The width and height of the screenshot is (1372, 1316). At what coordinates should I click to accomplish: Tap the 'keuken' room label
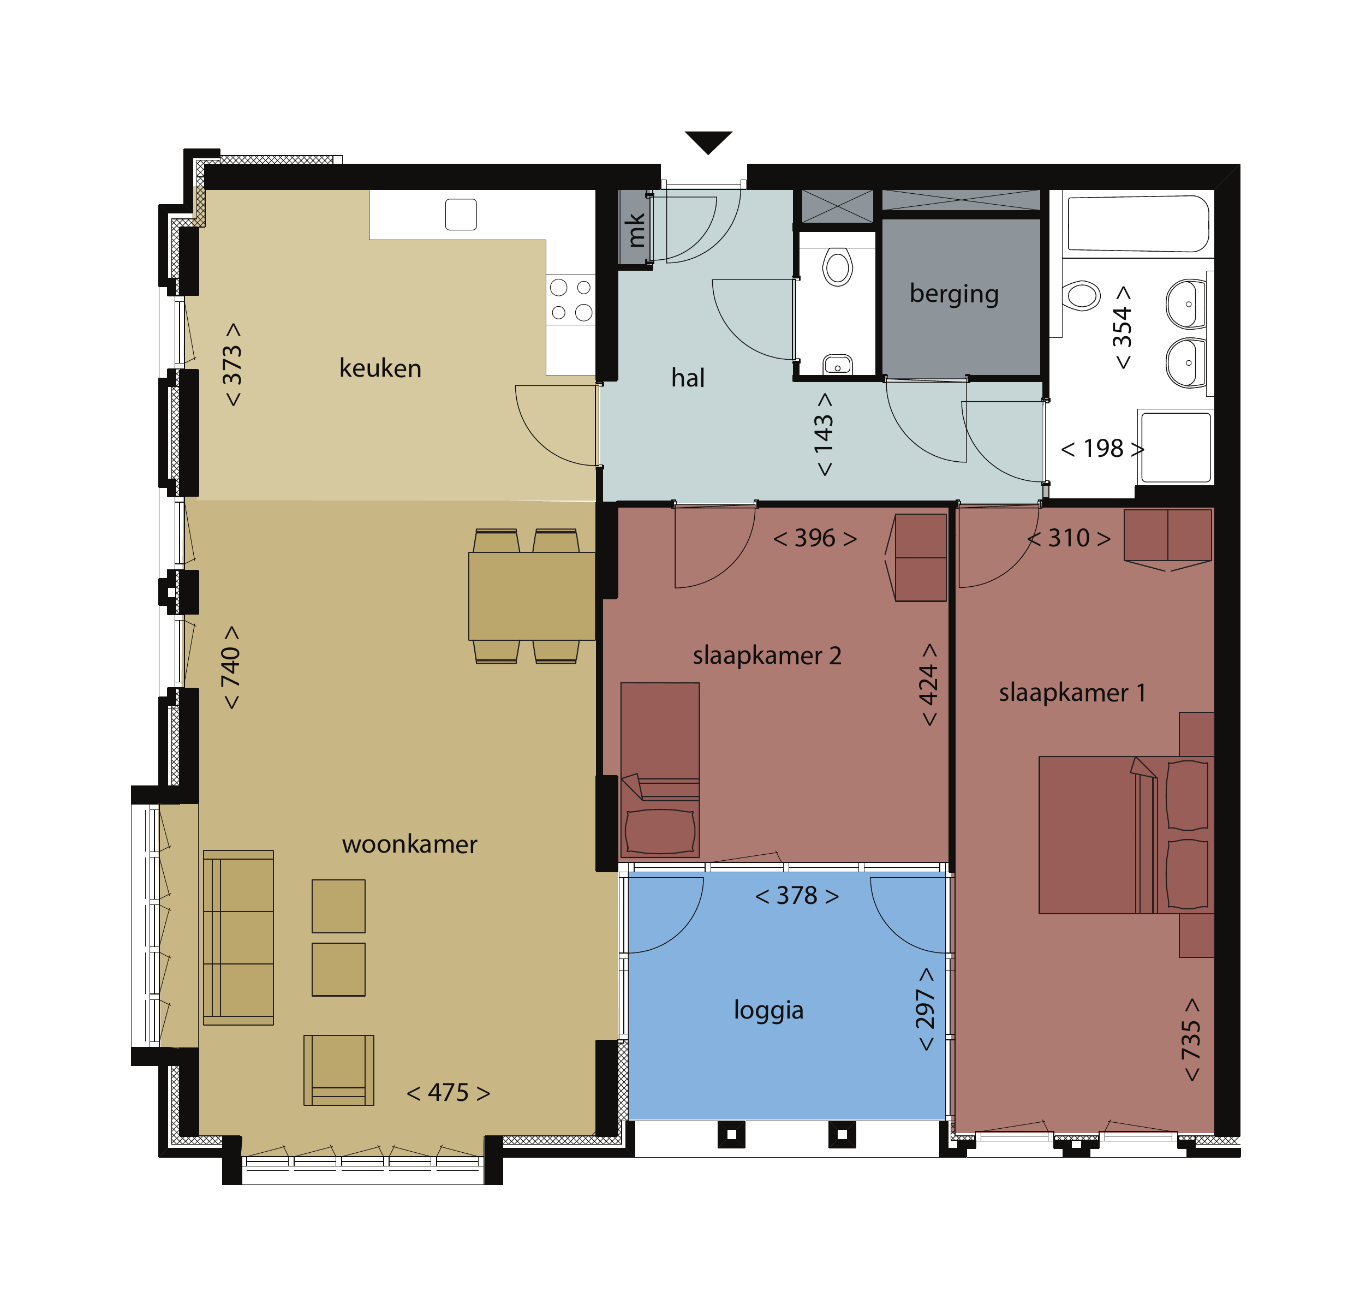tap(380, 368)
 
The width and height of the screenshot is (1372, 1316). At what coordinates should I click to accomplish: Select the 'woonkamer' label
tap(409, 844)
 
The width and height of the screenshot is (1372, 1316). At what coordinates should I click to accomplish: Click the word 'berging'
tap(953, 294)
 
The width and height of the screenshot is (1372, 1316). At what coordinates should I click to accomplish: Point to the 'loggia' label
tap(768, 1010)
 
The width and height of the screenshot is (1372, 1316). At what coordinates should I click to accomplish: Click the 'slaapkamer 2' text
tap(767, 656)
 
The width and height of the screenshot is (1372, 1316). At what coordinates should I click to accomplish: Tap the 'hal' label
tap(688, 378)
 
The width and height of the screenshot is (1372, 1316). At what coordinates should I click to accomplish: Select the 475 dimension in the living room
tap(448, 1093)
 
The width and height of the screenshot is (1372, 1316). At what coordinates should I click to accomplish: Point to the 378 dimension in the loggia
tap(797, 895)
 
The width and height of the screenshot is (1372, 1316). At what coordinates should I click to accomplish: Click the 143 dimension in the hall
tap(824, 434)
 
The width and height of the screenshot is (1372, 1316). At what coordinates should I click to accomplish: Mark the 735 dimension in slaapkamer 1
tap(1191, 1039)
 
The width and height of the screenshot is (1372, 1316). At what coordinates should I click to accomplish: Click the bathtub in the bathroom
tap(1137, 223)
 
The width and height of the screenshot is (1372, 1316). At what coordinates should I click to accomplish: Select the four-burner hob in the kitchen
tap(570, 300)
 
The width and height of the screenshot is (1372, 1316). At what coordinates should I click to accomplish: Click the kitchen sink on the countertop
tap(461, 214)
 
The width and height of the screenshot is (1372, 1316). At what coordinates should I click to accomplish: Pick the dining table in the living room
tap(532, 596)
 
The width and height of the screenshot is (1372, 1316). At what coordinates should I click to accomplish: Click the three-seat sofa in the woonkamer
tap(238, 937)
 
